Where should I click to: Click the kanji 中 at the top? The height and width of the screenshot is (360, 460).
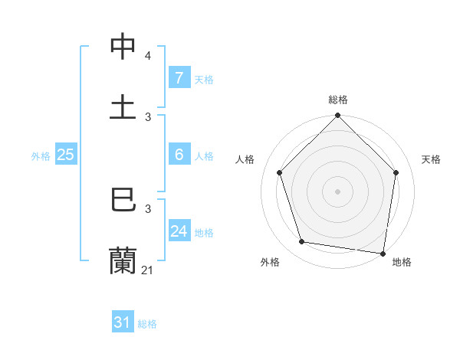coord(123,47)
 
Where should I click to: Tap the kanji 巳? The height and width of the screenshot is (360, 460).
coord(123,200)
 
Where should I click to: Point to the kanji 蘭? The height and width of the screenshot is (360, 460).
coord(123,260)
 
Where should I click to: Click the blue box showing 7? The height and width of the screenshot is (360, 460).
coord(179,77)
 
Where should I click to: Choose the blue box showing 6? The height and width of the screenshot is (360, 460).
coord(179,155)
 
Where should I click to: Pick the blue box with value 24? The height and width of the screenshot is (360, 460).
coord(179,231)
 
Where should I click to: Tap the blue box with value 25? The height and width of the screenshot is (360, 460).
coord(65,155)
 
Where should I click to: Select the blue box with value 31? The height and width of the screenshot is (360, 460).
coord(123,322)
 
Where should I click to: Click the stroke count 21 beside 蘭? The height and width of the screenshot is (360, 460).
coord(148,270)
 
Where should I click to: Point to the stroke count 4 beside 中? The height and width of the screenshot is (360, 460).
coord(147,56)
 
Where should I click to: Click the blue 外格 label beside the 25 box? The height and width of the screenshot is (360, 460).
coord(41,155)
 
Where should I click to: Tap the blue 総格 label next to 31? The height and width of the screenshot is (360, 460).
coord(147,324)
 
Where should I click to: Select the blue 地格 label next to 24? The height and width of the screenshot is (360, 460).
coord(204,232)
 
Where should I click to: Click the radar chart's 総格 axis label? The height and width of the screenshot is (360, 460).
coord(338,100)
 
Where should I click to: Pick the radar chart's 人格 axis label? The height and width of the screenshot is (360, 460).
coord(245,159)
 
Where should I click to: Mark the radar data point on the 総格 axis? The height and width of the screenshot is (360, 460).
coord(338,116)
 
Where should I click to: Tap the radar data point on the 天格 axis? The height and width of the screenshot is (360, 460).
coord(396,172)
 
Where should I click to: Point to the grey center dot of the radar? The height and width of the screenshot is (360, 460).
coord(338,191)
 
